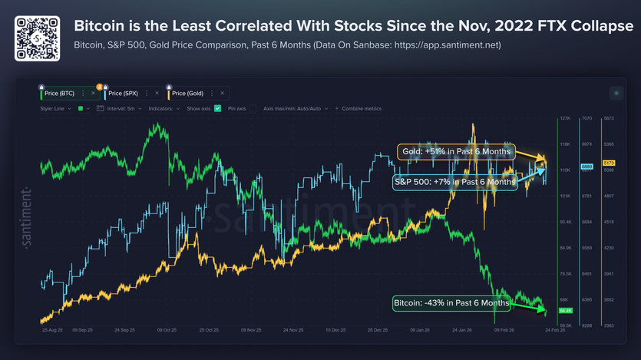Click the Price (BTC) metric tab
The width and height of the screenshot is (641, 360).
61,93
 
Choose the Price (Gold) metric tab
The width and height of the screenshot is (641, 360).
189,93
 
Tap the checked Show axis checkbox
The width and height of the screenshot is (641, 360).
218,109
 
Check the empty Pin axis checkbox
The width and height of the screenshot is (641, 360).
253,109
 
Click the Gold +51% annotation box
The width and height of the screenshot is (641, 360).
455,151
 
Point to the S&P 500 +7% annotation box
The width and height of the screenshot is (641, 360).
454,182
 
